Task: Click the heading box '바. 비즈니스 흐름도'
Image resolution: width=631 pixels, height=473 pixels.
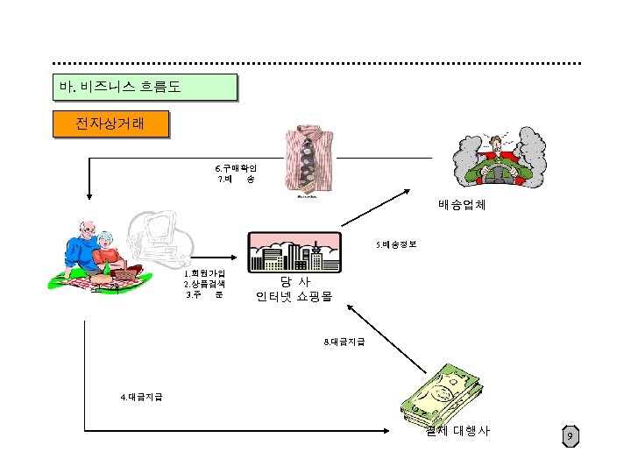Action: click(145, 88)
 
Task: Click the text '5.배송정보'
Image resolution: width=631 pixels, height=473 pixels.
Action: click(397, 244)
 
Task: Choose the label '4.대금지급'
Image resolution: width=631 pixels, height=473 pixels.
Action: click(140, 398)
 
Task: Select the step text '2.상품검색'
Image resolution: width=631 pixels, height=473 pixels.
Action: click(204, 284)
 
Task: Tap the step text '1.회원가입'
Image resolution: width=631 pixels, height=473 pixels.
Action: click(204, 273)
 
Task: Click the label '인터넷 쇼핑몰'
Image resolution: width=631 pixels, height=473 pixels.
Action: click(294, 297)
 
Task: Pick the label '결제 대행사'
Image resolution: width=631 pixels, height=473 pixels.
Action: click(457, 431)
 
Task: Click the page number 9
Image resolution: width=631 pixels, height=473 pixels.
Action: click(570, 435)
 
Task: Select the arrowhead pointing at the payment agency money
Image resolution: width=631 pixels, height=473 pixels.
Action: click(390, 430)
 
